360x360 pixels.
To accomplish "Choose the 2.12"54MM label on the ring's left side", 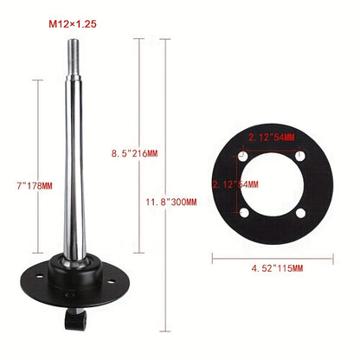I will (235, 184).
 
